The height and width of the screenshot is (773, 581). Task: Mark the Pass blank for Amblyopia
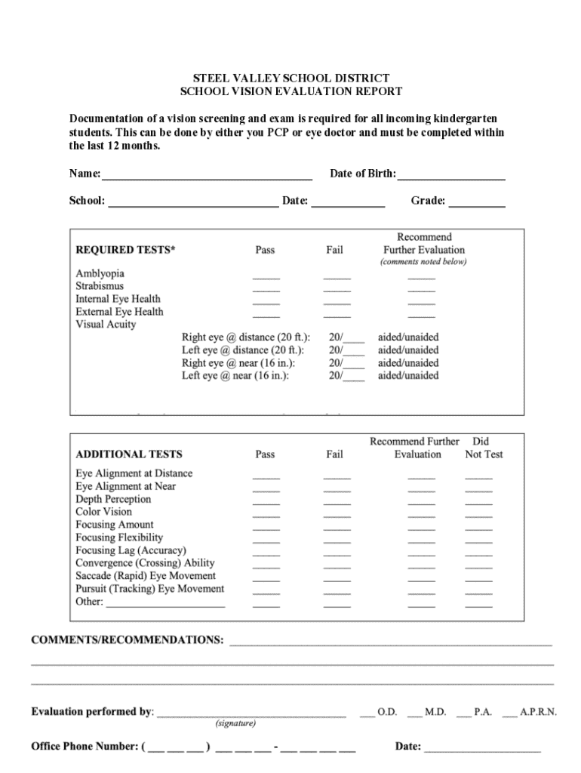coord(266,277)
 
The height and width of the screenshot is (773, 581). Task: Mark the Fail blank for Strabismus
coord(337,290)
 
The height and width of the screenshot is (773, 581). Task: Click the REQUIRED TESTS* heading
coord(125,250)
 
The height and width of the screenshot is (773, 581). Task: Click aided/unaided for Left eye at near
coord(408,375)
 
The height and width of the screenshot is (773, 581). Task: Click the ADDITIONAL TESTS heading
coord(129,454)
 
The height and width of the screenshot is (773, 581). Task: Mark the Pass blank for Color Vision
coord(266,516)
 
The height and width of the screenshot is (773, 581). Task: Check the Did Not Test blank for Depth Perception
coord(478,503)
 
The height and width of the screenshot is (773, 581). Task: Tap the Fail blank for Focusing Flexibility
coord(337,541)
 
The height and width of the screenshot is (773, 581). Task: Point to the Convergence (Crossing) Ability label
coord(145,563)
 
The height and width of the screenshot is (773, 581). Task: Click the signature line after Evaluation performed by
coord(251,713)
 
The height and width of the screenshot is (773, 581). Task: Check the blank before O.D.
coord(367,713)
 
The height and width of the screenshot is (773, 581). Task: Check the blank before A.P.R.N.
coord(509,713)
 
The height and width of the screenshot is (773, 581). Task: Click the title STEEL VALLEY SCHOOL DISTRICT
coord(290,79)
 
